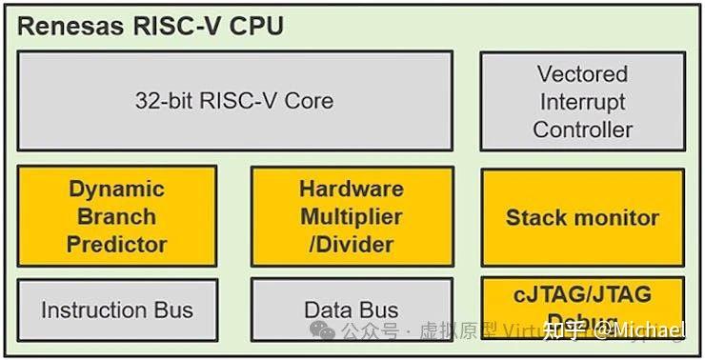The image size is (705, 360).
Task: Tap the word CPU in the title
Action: click(257, 26)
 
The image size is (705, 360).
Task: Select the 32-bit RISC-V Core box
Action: click(234, 101)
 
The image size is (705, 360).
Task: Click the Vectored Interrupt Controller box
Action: click(582, 101)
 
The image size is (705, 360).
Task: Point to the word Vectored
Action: click(582, 74)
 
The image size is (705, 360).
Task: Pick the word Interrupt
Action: click(582, 102)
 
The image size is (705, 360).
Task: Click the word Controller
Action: click(582, 130)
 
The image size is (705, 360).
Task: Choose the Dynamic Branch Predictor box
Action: click(117, 216)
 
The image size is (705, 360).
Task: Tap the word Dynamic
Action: click(117, 189)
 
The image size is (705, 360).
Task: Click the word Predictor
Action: click(117, 245)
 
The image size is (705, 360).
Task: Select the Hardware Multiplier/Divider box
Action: click(352, 216)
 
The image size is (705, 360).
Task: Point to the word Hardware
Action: click(352, 189)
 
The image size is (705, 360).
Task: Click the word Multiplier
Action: click(352, 217)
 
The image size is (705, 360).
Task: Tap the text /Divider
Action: click(352, 245)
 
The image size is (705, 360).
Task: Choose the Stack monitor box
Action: click(582, 217)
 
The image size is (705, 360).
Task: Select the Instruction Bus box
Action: click(117, 310)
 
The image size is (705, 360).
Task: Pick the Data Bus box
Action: click(352, 310)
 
